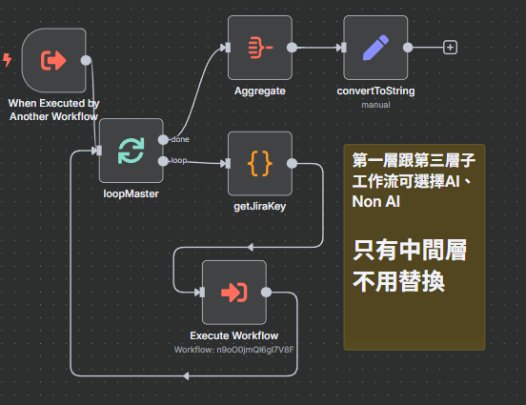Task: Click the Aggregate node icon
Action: point(259,47)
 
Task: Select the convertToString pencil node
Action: point(375,47)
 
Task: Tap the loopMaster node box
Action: point(131,150)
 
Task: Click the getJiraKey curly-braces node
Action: point(259,163)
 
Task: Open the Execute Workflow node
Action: point(233,292)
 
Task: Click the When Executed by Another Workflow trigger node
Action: point(53,60)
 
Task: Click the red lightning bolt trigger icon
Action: point(8,60)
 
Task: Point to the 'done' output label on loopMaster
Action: point(179,139)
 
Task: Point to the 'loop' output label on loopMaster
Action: point(178,160)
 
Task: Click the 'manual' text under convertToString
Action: point(375,105)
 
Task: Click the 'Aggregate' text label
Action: point(259,91)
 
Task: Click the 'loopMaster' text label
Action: point(131,194)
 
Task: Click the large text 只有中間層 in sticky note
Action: point(410,251)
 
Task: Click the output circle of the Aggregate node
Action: point(292,47)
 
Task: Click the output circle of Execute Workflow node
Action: point(266,293)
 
